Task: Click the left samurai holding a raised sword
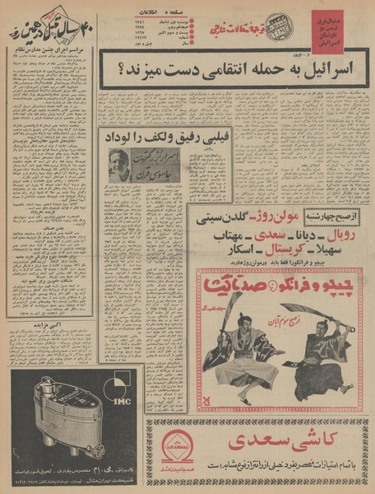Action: tap(234, 354)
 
